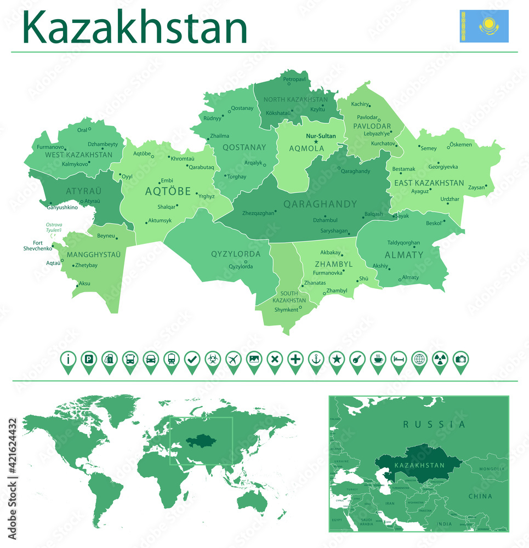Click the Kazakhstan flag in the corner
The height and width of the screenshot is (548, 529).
tap(484, 26)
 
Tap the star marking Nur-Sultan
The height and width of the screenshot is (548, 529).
tap(316, 142)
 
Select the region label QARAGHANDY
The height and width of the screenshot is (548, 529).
tap(320, 204)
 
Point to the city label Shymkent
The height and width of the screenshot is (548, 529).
tap(286, 310)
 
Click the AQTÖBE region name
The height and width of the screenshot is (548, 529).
tap(168, 191)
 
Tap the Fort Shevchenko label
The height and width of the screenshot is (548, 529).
tap(38, 246)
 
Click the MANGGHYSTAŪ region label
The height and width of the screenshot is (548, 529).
tap(93, 255)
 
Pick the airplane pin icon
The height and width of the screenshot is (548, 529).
tap(233, 360)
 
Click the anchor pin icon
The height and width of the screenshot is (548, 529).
tap(316, 360)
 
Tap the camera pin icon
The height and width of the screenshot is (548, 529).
tap(461, 360)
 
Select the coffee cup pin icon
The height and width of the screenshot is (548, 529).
tap(378, 360)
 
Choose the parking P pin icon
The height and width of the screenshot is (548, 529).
tap(88, 360)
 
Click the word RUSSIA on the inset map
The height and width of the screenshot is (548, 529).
tap(434, 424)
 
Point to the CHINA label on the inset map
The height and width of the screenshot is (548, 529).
tap(480, 496)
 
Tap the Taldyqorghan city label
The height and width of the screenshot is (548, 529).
tap(405, 242)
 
